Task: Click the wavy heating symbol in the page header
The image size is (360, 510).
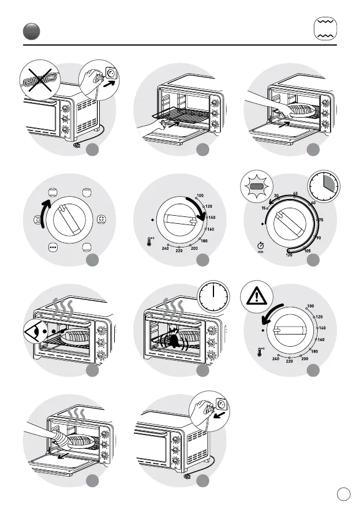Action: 325,29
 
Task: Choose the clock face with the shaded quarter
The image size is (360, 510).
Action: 324,186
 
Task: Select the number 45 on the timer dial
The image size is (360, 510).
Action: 295,193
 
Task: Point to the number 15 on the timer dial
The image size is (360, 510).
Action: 263,208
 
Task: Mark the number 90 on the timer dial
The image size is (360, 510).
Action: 318,238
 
